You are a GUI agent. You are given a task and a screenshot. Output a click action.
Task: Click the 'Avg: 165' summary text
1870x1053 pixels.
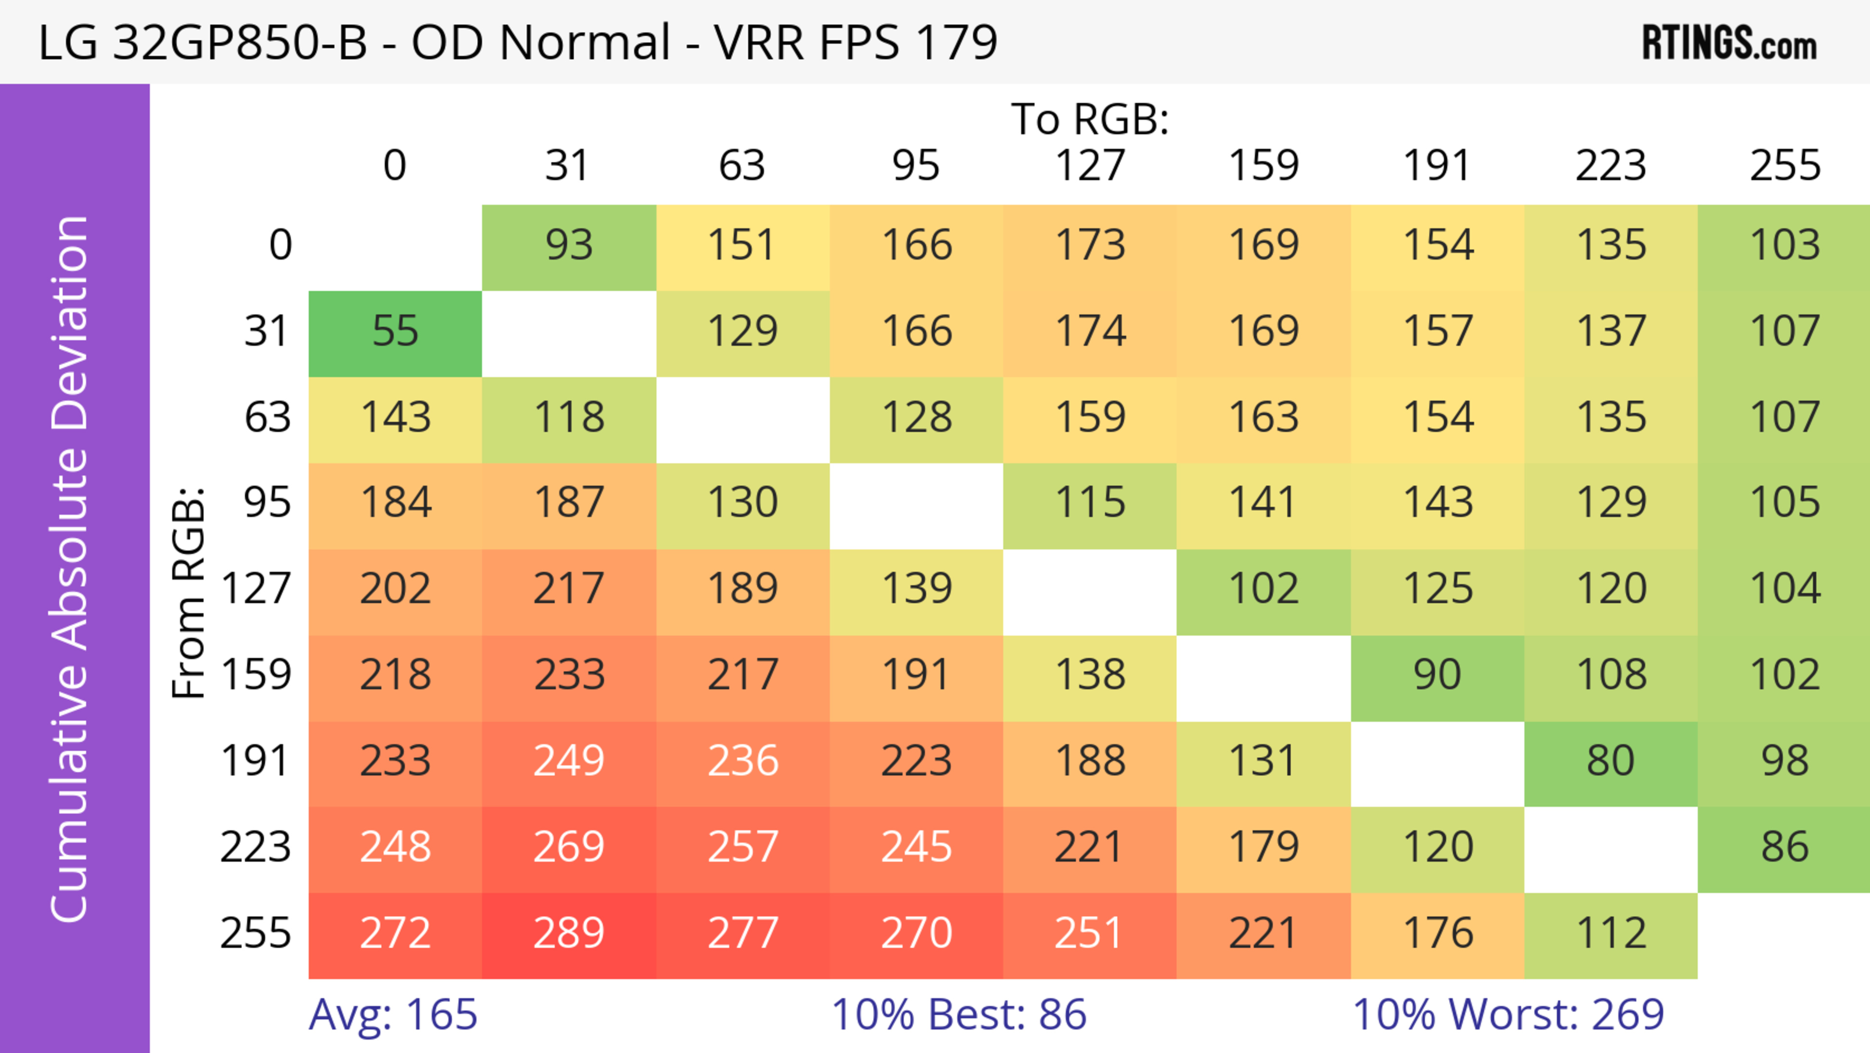(393, 1015)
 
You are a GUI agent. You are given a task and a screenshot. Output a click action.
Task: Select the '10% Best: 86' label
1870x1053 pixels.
(958, 1015)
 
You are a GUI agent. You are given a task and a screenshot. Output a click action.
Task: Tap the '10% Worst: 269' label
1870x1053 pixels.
(1508, 1015)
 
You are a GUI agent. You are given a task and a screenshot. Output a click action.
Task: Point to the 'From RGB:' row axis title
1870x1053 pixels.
(189, 593)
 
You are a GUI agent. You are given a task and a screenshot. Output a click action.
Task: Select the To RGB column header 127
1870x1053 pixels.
(1090, 166)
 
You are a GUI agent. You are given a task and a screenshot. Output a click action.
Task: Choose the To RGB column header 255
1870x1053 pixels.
(1784, 166)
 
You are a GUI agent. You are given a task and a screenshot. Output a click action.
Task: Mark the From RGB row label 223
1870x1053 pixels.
(256, 847)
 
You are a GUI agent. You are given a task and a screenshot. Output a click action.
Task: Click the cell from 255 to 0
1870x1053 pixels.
(395, 935)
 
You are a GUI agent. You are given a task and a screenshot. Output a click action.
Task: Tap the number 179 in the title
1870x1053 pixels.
(957, 43)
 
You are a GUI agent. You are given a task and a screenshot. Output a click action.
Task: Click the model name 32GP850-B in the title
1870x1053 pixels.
(240, 43)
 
